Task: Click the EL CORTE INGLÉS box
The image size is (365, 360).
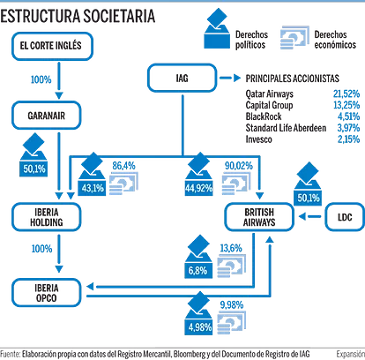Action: click(52, 46)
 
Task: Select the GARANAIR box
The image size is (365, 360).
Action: click(46, 116)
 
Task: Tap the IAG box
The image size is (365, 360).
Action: click(182, 78)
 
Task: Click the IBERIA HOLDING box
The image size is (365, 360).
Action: click(46, 217)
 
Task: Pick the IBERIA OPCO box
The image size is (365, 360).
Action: click(46, 293)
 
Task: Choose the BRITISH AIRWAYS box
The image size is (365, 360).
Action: click(259, 217)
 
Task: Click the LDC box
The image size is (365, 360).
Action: click(345, 217)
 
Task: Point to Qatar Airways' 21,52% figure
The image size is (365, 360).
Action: click(346, 94)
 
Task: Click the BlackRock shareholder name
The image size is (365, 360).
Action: click(264, 116)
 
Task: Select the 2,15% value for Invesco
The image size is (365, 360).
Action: click(348, 139)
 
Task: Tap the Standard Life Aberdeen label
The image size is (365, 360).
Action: click(286, 128)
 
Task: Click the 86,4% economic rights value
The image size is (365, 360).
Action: click(123, 166)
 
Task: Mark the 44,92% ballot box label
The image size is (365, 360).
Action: click(199, 188)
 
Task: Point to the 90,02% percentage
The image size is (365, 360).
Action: click(239, 166)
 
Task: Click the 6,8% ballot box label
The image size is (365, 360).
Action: click(197, 271)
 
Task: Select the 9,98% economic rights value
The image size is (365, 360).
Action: click(232, 305)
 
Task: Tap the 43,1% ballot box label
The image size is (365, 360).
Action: click(93, 188)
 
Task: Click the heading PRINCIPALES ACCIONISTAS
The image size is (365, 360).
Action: click(292, 79)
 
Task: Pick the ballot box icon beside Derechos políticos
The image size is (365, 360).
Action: click(217, 28)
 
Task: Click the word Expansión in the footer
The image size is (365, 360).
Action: click(351, 354)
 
